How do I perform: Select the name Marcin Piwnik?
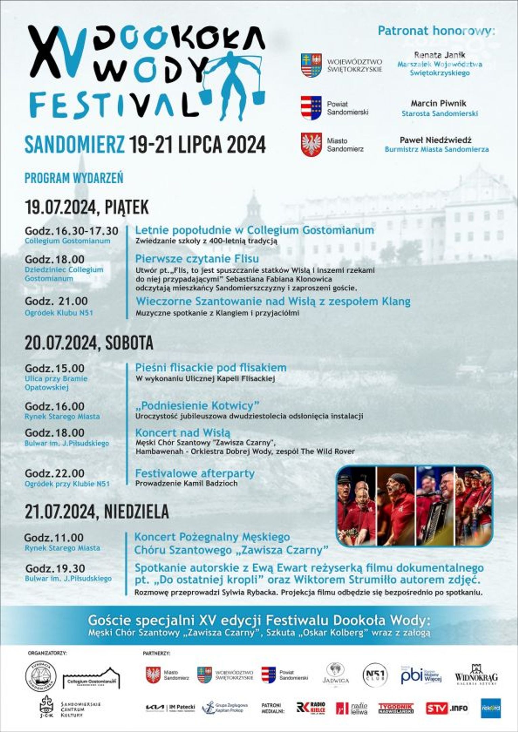click(438, 103)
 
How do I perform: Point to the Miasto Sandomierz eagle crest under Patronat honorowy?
click(311, 145)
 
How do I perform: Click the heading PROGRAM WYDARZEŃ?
click(74, 178)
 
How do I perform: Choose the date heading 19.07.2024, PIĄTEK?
click(87, 207)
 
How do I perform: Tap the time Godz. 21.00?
click(56, 301)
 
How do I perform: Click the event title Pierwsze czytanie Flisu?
click(197, 259)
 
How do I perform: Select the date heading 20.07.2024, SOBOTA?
click(89, 343)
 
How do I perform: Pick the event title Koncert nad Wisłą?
click(183, 433)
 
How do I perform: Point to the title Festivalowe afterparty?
click(195, 473)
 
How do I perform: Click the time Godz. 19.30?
click(55, 568)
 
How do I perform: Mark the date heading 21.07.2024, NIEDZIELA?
click(96, 512)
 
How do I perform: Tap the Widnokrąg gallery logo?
click(476, 675)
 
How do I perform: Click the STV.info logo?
click(447, 707)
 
